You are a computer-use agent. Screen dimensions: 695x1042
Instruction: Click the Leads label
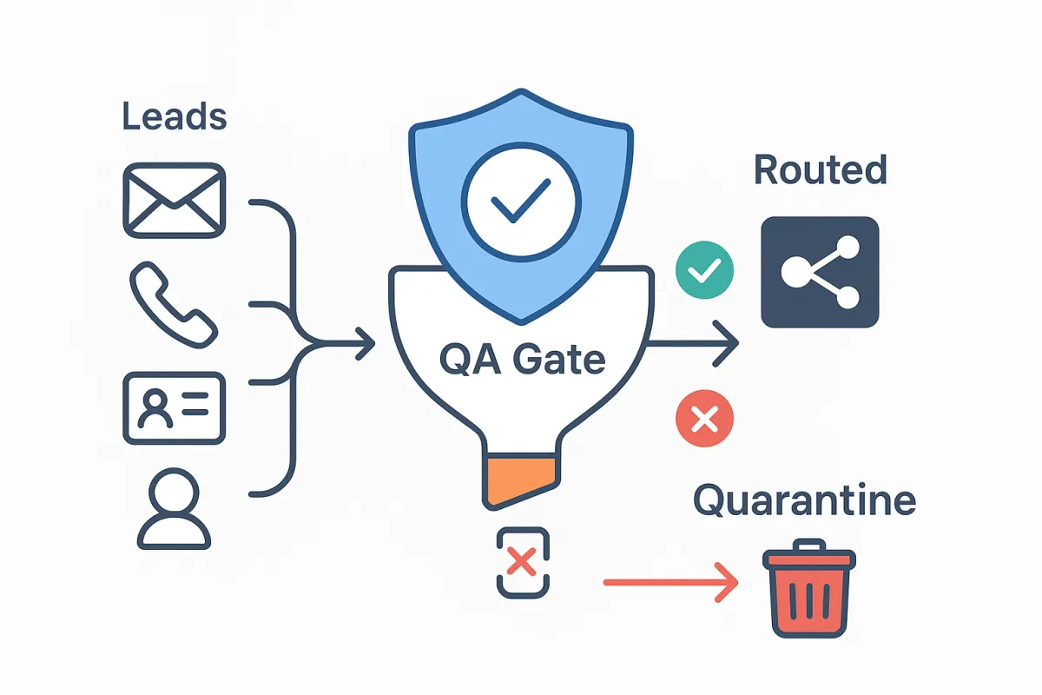coord(174,116)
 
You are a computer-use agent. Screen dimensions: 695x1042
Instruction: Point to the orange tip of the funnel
coord(518,480)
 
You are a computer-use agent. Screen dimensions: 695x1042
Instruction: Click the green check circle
coord(704,272)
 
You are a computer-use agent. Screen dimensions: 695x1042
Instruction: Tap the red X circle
coord(704,420)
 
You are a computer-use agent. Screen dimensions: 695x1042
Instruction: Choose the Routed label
coord(820,170)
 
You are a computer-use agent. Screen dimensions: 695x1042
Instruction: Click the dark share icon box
coord(820,272)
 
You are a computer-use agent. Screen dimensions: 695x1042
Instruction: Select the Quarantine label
coord(804,502)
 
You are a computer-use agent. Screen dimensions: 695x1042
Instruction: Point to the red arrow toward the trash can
coord(669,582)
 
